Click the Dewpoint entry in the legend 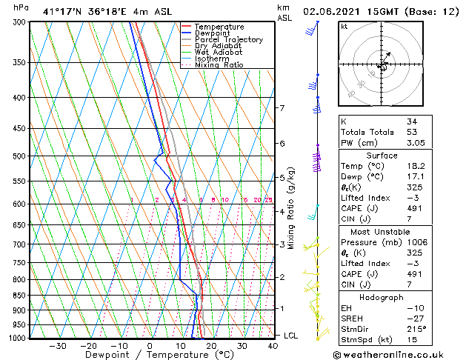219,33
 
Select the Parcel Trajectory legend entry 228,40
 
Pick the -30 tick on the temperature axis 57,345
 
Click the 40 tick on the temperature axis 273,345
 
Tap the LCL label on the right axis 291,336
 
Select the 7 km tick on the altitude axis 282,108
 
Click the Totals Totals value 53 412,132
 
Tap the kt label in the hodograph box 344,27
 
